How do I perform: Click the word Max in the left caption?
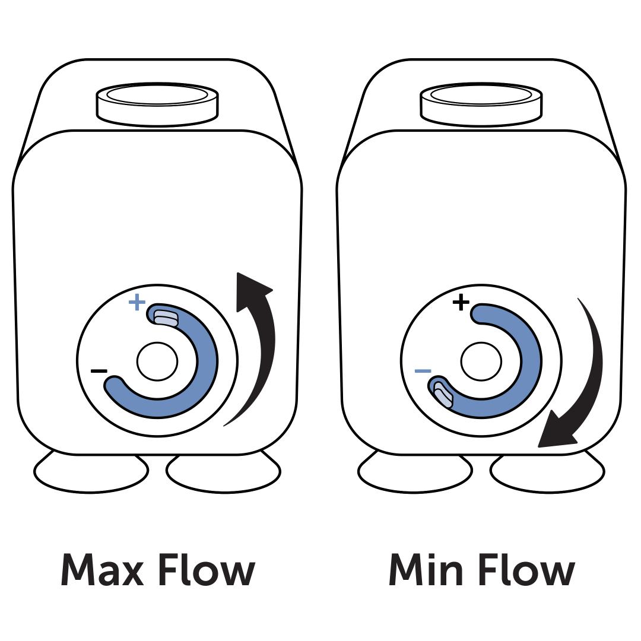tap(102, 570)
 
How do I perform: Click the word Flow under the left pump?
tap(207, 570)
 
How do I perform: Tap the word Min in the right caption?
tap(426, 570)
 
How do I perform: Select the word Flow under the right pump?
tap(526, 570)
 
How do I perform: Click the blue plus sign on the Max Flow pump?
tap(137, 303)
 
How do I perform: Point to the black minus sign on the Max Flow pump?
tap(99, 372)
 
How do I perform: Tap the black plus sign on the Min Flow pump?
tap(461, 303)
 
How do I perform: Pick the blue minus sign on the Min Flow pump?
tap(423, 372)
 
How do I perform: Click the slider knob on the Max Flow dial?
tap(166, 316)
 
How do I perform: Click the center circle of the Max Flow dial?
tap(157, 361)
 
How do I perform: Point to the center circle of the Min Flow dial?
tap(481, 361)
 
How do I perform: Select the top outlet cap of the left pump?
tap(157, 104)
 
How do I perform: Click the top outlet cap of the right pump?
tap(481, 104)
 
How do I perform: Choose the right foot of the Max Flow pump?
tap(224, 473)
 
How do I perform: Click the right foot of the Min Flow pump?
tap(547, 473)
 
